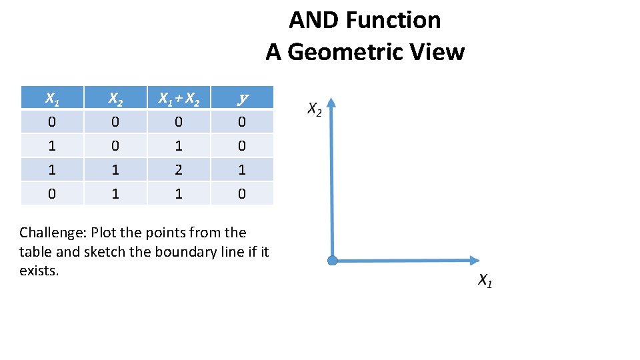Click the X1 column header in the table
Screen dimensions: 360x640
point(51,98)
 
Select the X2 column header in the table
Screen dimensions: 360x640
point(115,98)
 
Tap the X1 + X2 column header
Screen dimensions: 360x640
point(178,98)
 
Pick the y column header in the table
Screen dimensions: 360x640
point(242,98)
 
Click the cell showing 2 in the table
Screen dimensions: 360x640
point(178,169)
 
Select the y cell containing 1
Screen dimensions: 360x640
point(242,169)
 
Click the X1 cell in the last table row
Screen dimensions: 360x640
point(51,193)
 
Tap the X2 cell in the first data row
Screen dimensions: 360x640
point(115,122)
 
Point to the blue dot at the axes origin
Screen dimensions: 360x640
point(333,260)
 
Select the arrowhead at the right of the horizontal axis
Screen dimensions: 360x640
point(474,260)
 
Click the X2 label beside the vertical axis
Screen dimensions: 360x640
point(314,109)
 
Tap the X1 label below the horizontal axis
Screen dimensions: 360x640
point(485,281)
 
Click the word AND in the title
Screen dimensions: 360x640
point(311,20)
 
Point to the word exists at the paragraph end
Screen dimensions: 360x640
point(39,271)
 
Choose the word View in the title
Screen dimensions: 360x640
point(441,51)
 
